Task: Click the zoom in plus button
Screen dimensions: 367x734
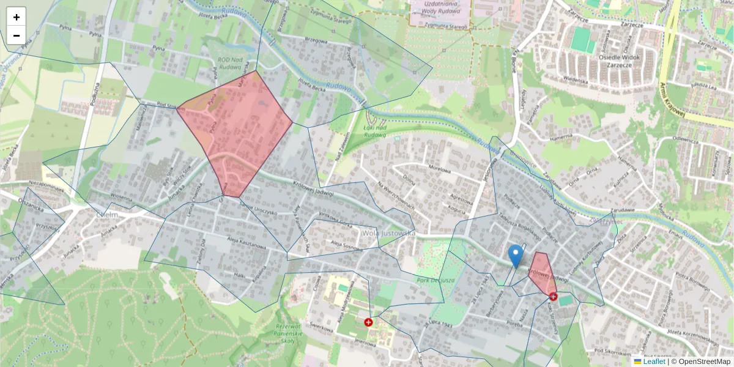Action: (17, 17)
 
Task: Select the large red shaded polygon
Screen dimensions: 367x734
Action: (235, 132)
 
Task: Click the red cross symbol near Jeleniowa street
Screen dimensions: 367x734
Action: (368, 322)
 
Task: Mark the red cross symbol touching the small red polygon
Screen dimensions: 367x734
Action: (554, 297)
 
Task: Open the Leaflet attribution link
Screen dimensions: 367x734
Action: (654, 361)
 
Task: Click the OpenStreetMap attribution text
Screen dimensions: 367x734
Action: (703, 361)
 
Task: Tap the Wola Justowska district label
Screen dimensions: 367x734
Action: (388, 233)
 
